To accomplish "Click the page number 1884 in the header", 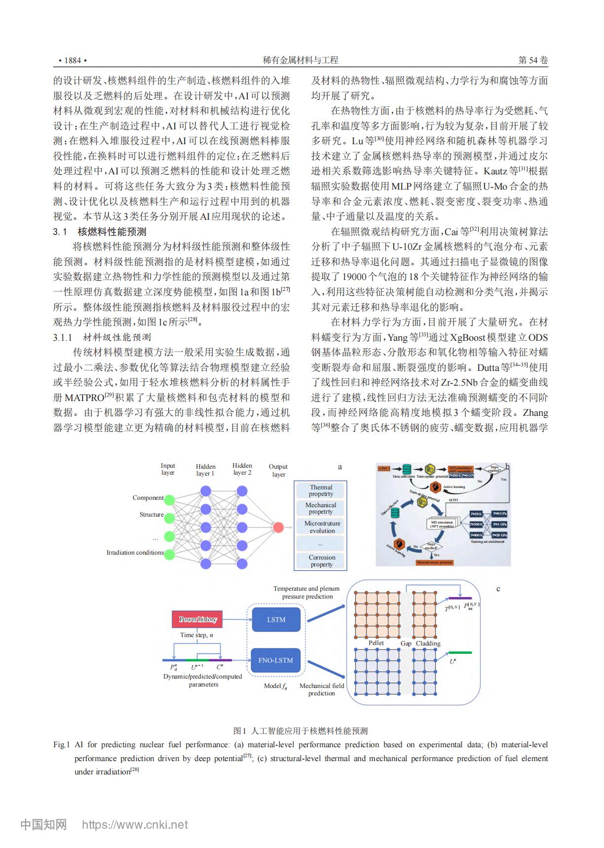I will tap(72, 60).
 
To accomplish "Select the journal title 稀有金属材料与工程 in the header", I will tap(301, 60).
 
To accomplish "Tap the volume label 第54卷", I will tap(533, 60).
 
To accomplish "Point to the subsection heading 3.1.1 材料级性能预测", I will tap(102, 337).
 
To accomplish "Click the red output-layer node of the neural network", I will tap(278, 527).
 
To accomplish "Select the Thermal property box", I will tap(321, 490).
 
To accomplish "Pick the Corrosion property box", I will tap(321, 561).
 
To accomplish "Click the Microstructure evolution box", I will tap(322, 527).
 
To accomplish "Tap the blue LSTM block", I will tap(276, 619).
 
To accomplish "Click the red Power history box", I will tap(197, 619).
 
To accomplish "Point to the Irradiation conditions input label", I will tap(135, 553).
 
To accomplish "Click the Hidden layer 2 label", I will tap(242, 469).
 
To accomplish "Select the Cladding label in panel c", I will tap(428, 644).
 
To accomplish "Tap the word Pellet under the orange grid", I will tap(376, 643).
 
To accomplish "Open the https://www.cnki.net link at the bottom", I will tap(135, 825).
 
